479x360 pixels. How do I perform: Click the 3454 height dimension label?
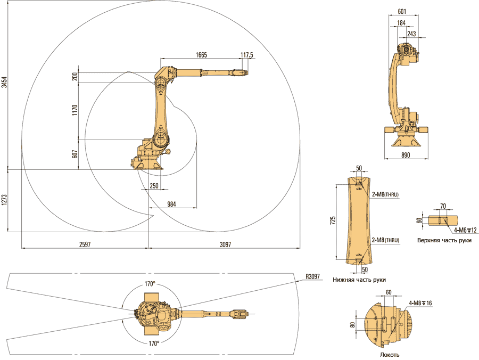(4, 82)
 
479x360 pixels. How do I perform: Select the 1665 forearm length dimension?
(201, 55)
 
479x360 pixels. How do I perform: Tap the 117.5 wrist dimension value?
(246, 55)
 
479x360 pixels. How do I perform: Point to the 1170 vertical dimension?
(75, 110)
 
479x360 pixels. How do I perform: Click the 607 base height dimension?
(75, 154)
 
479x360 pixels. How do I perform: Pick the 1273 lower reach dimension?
(4, 200)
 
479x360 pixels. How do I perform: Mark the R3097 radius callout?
(313, 276)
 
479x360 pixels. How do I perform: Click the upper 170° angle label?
(150, 283)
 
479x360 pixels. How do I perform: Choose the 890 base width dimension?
(405, 154)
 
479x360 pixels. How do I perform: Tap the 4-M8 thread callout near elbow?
(420, 303)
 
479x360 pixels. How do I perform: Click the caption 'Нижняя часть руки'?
(359, 280)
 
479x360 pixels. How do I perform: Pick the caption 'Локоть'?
(390, 355)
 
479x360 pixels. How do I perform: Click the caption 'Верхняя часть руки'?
(444, 240)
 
